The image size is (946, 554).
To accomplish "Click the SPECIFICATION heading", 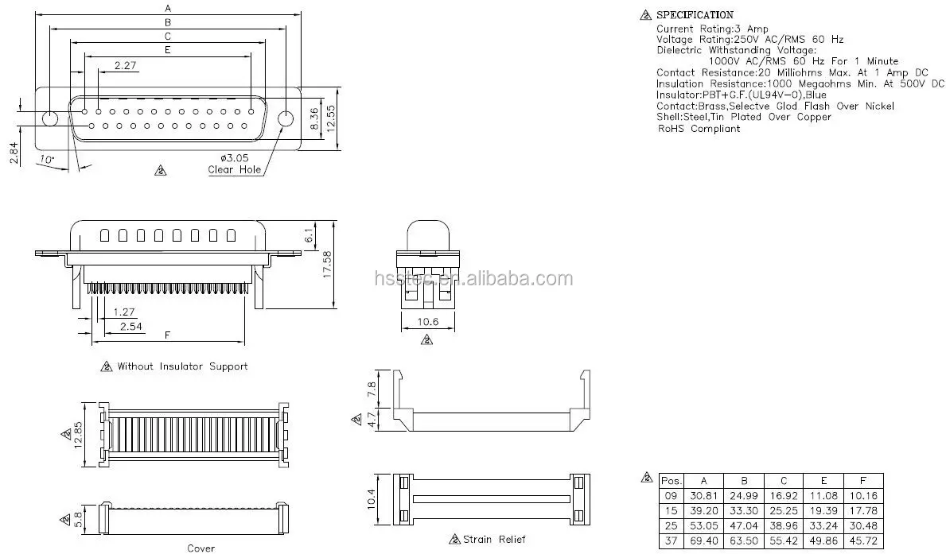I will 694,15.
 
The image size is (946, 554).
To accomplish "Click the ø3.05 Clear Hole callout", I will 234,164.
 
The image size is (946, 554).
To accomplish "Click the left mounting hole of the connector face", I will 49,119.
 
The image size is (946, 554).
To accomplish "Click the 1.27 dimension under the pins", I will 123,312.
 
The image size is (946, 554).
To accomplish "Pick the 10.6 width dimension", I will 426,322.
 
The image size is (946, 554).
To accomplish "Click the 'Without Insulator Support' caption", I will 181,366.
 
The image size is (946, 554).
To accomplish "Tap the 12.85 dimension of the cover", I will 78,434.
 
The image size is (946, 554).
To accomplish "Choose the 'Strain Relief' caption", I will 493,539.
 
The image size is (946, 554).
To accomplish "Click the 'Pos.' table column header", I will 671,481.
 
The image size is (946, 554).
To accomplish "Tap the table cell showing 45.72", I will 862,540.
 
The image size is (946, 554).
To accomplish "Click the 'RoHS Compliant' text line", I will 698,128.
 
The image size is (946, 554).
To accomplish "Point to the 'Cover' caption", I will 200,548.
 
